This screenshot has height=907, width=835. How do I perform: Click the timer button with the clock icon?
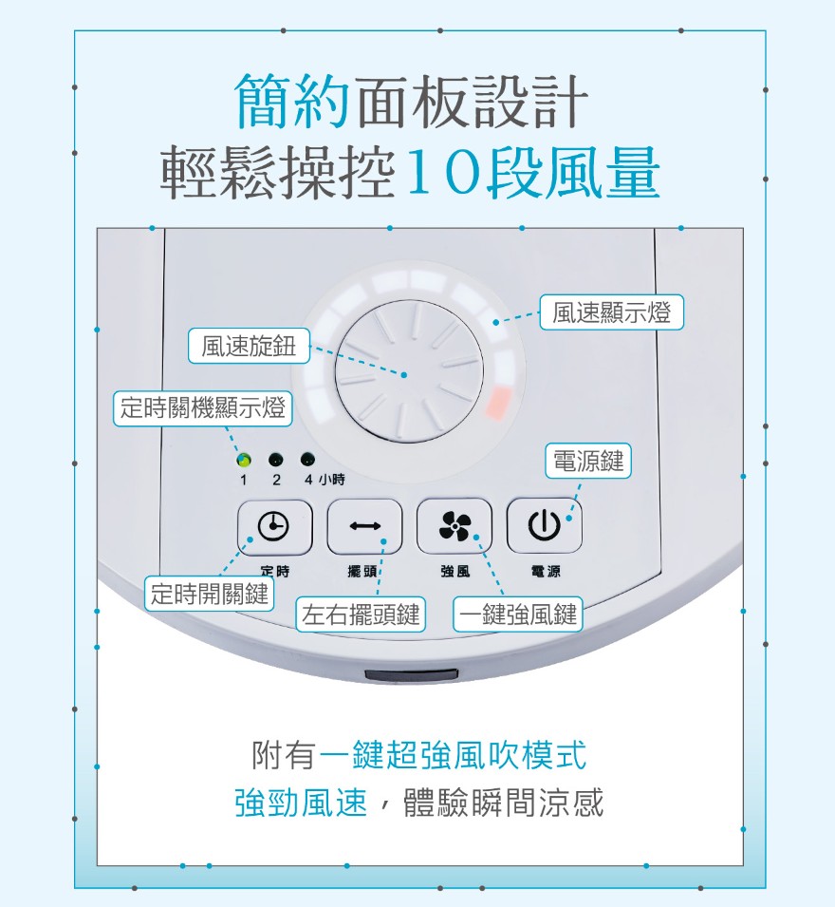pos(274,526)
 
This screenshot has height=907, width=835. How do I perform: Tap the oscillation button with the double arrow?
pos(364,526)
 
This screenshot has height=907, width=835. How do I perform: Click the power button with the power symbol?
pos(544,525)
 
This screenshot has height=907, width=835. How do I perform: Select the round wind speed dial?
pos(409,371)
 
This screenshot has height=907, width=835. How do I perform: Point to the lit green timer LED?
pos(244,460)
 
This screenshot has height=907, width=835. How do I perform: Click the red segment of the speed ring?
pos(499,403)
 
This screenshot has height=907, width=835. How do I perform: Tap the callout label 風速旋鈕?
pos(249,347)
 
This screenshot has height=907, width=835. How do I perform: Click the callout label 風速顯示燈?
pos(611,312)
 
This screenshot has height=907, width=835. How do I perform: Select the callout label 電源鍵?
pos(588,461)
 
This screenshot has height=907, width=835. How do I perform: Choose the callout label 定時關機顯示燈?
pos(202,408)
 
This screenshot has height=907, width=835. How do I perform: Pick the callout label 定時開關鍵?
pos(209,594)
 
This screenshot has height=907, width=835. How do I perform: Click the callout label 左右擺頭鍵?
pos(361,614)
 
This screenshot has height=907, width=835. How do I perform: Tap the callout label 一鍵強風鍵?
pos(518,614)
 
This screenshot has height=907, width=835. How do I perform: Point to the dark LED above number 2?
pos(276,460)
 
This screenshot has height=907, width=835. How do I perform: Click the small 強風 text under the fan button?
pos(455,572)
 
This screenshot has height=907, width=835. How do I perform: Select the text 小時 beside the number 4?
pos(331,480)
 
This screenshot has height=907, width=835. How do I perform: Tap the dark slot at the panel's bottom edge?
pos(412,675)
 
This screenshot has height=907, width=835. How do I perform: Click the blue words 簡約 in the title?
pos(292,101)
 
